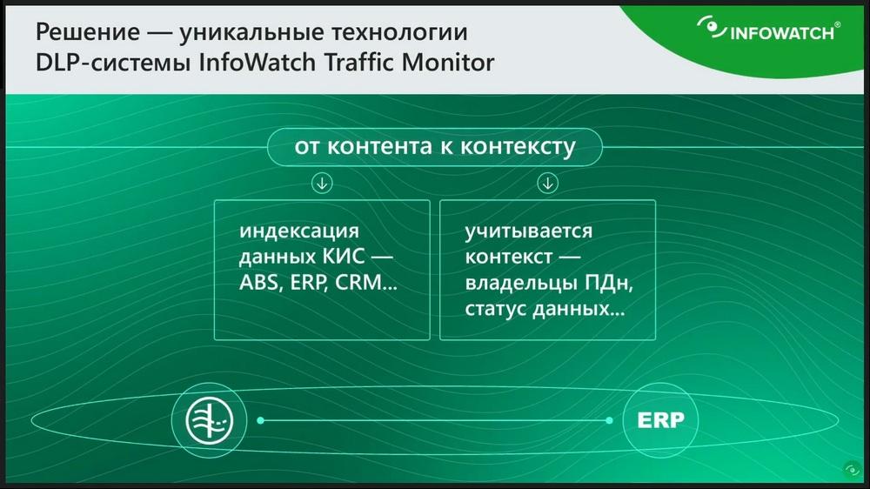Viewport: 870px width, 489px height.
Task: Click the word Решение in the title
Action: [x=88, y=32]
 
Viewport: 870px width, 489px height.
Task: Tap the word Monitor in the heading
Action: [x=448, y=62]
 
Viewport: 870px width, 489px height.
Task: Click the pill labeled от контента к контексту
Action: [x=434, y=147]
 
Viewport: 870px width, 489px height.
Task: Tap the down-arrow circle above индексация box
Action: [x=322, y=183]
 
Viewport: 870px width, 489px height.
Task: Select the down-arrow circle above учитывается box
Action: [x=547, y=183]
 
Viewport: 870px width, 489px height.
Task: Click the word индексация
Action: [x=299, y=231]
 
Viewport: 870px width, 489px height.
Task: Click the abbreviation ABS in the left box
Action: [x=258, y=283]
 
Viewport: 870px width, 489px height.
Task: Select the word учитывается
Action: [x=529, y=231]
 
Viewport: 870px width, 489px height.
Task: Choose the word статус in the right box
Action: [x=495, y=309]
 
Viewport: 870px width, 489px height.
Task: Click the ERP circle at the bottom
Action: [x=660, y=420]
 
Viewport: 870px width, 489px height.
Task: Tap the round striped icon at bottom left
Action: [x=209, y=420]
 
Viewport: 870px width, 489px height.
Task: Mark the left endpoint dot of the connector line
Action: [x=260, y=420]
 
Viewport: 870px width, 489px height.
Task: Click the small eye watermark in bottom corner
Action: [x=853, y=470]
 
